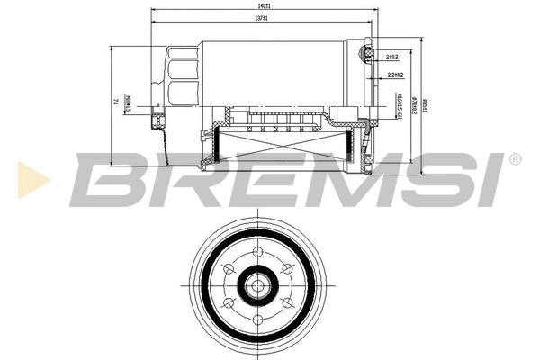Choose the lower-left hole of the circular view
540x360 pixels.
click(228, 307)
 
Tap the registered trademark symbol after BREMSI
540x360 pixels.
click(515, 159)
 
